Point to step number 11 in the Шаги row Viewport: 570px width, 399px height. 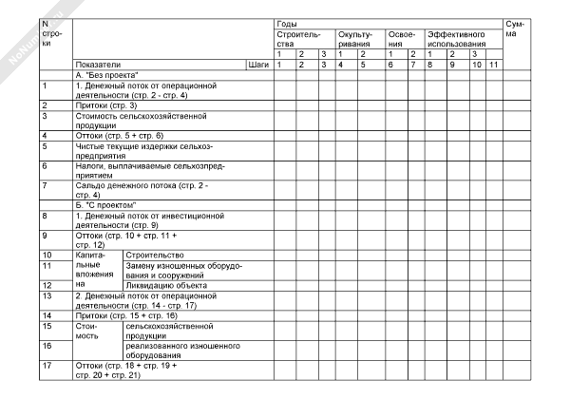493,64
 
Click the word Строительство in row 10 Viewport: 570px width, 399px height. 154,256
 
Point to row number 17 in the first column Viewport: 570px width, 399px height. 47,365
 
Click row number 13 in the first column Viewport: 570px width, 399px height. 47,295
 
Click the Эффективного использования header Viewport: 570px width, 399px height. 461,38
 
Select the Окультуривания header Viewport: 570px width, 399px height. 356,38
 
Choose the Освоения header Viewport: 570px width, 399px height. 401,38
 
